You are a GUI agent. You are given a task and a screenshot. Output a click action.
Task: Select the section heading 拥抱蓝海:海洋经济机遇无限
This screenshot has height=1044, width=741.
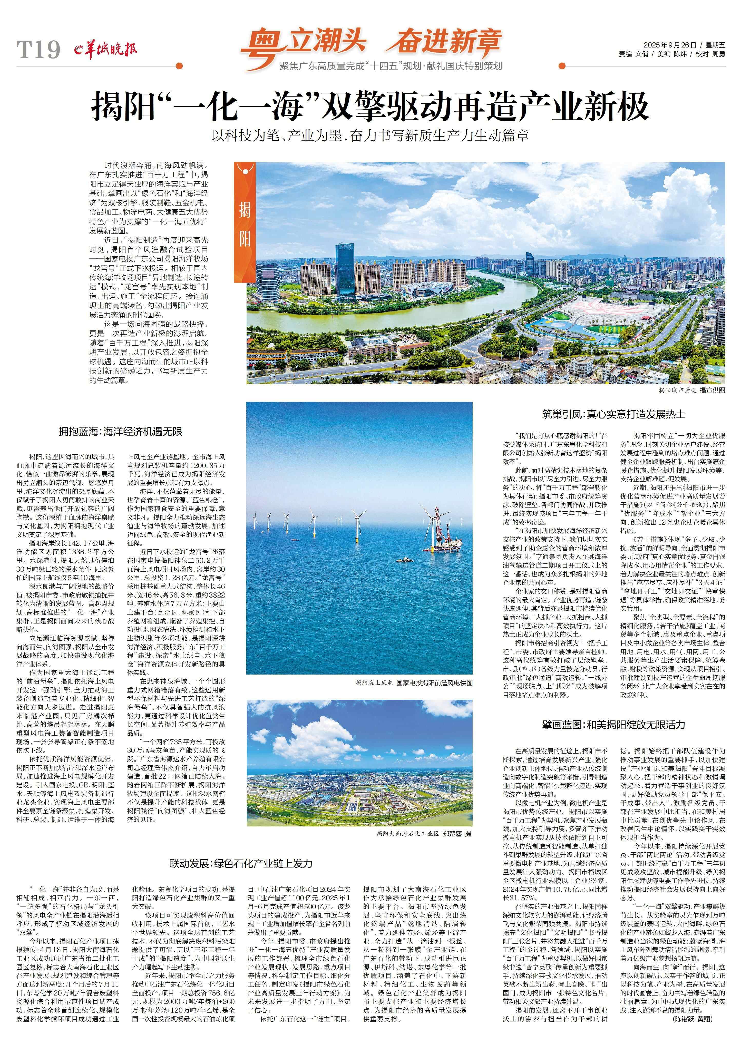coord(120,432)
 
